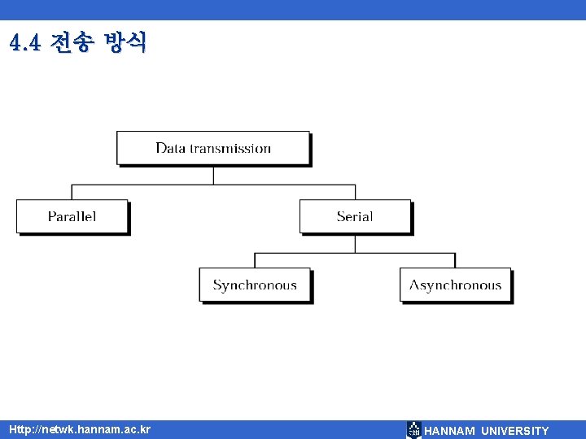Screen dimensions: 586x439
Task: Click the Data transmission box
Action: point(213,148)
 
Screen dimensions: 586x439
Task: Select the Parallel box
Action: point(72,216)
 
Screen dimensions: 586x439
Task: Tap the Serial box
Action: point(355,216)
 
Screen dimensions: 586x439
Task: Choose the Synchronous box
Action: point(255,285)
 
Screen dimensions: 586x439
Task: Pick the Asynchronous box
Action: point(455,285)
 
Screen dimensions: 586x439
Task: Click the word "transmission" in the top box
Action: point(230,148)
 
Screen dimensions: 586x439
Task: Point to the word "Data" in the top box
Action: point(170,148)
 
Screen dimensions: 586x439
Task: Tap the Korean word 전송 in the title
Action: point(71,42)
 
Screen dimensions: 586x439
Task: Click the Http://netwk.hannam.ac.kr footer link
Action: point(80,429)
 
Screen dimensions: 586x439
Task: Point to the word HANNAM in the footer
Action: point(449,431)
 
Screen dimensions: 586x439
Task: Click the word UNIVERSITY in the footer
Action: point(515,431)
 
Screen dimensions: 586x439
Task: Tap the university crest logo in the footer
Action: point(413,430)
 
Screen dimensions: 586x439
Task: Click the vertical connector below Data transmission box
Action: point(213,175)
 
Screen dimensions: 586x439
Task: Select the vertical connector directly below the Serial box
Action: point(355,243)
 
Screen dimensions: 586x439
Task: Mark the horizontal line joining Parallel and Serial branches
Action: point(163,185)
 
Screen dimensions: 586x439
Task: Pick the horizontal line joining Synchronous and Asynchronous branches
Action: point(355,253)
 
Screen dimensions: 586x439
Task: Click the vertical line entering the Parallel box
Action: point(72,193)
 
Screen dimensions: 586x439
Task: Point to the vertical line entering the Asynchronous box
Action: point(455,261)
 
